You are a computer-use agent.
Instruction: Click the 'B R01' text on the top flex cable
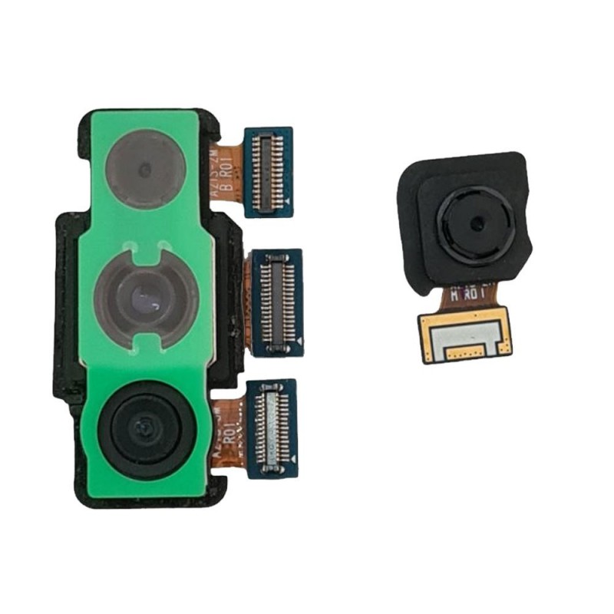click(228, 187)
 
